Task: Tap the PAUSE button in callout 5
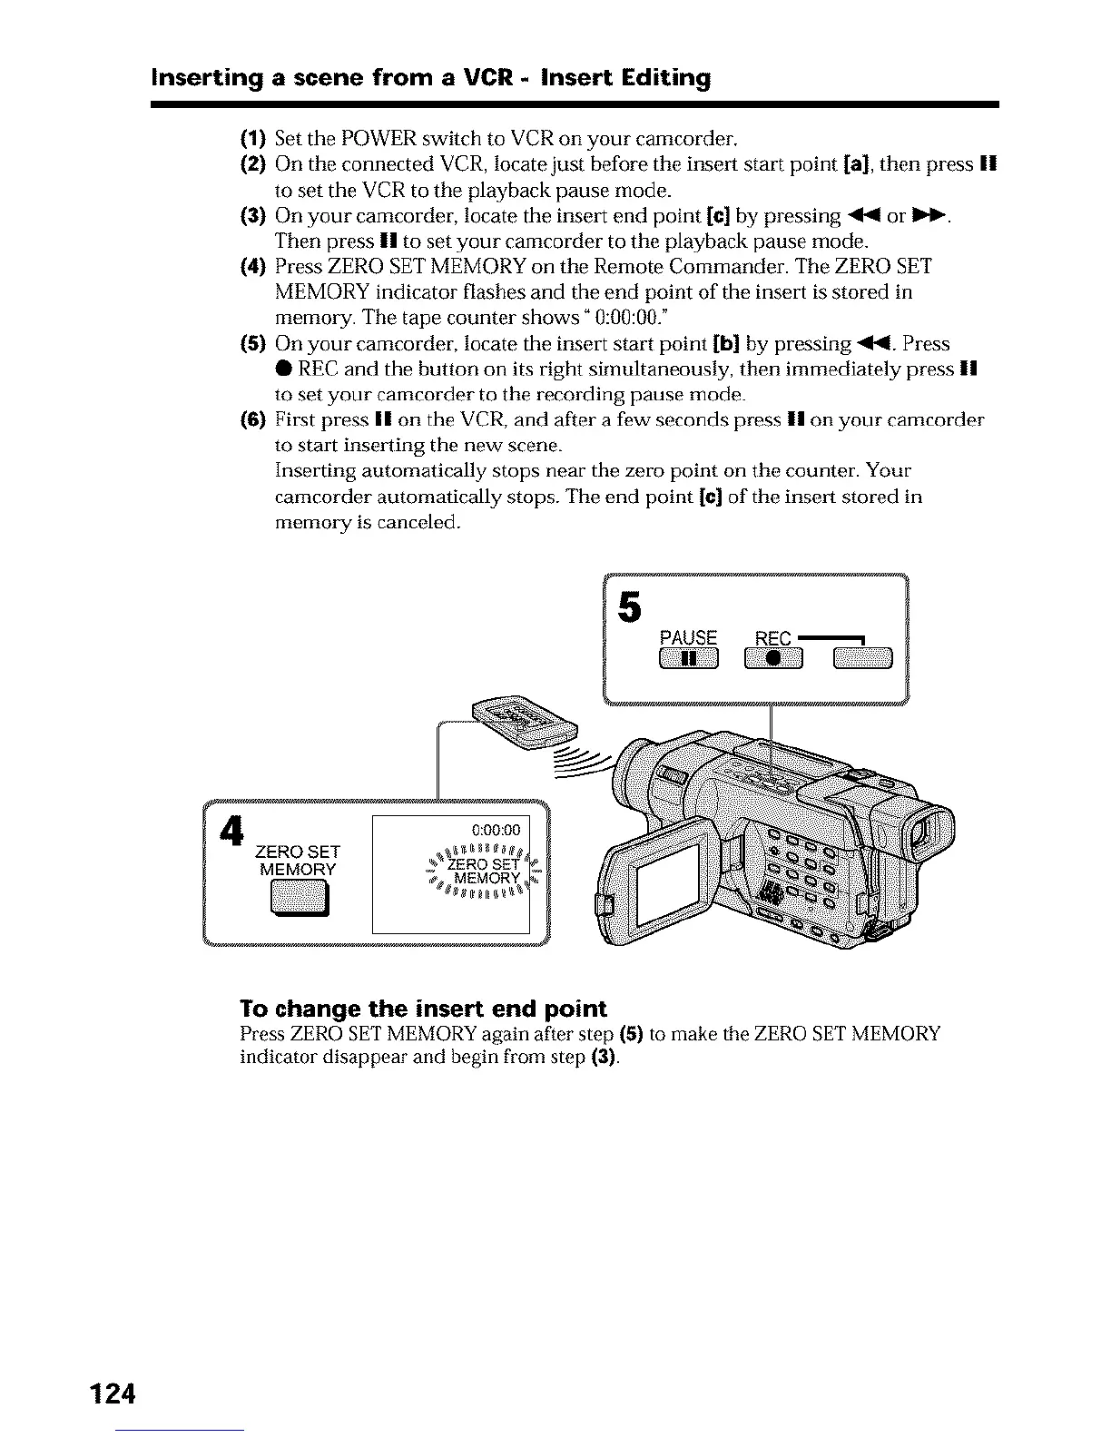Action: [x=688, y=660]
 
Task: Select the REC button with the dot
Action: [x=773, y=660]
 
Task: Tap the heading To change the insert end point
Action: [x=423, y=1009]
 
